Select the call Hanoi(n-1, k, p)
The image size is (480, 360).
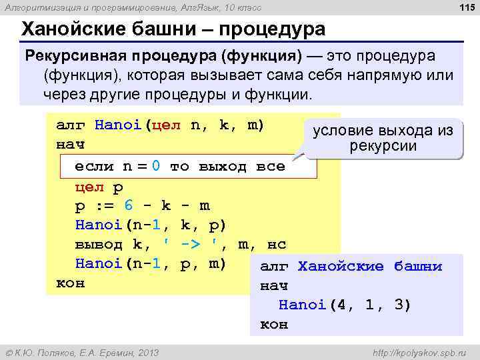click(151, 225)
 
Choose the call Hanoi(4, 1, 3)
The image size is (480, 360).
click(345, 305)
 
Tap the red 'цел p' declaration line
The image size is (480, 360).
click(99, 186)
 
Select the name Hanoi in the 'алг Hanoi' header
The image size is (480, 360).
click(117, 125)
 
